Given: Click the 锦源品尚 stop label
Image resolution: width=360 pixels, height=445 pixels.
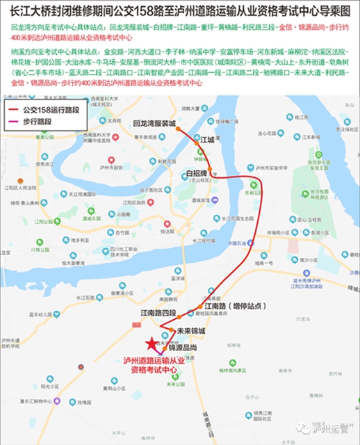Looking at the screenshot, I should [x=183, y=346].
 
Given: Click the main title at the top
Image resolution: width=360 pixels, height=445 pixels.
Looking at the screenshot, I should [x=180, y=12].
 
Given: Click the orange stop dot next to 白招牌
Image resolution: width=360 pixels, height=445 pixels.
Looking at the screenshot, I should [x=213, y=177].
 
